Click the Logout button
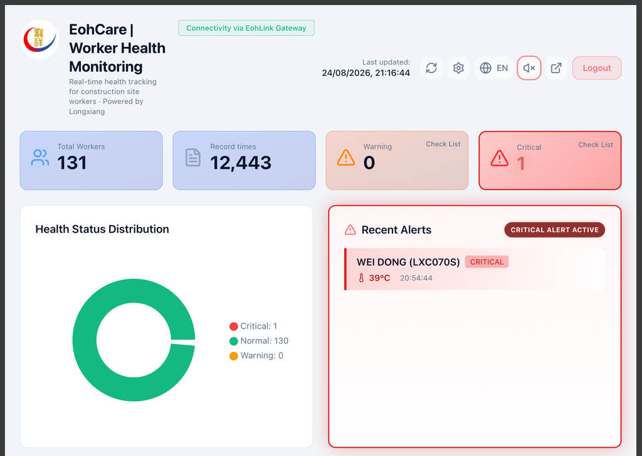(x=597, y=68)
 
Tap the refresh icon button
(x=431, y=68)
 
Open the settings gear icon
(x=458, y=68)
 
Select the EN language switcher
(x=493, y=68)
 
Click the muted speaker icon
(x=529, y=68)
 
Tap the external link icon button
(x=556, y=68)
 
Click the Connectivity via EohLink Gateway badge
(x=246, y=28)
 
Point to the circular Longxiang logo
(x=39, y=40)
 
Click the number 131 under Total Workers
(x=72, y=162)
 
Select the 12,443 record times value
(x=241, y=162)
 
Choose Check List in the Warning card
(x=443, y=144)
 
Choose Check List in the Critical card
(x=596, y=145)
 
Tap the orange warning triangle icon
(x=346, y=157)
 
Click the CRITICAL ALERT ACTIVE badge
(x=554, y=230)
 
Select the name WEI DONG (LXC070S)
(x=408, y=262)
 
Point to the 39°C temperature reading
(x=379, y=278)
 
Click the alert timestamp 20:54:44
(x=416, y=278)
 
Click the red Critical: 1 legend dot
(x=234, y=326)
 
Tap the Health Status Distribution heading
(x=102, y=229)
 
